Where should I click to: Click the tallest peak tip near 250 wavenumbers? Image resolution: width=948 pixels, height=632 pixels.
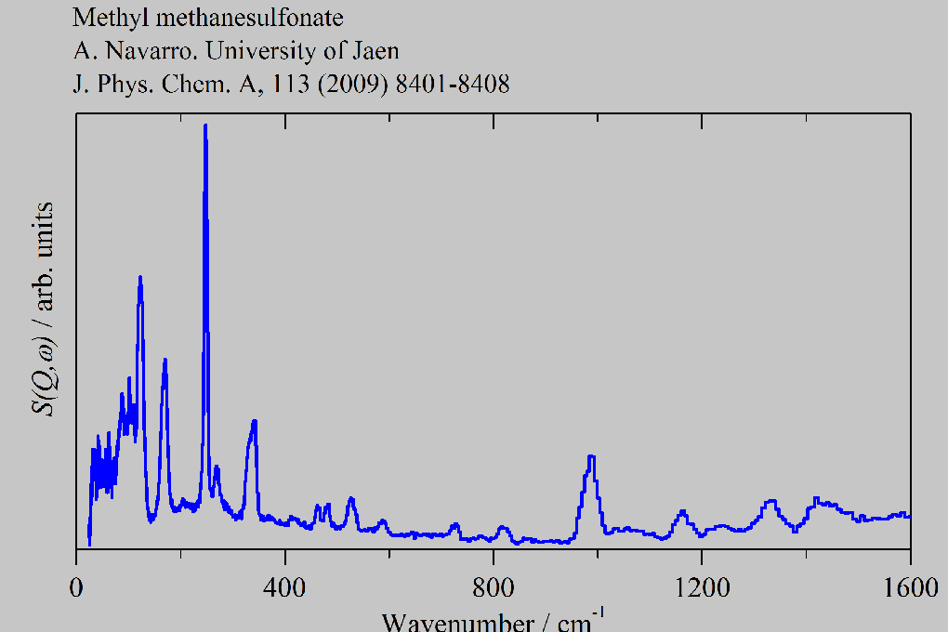[205, 125]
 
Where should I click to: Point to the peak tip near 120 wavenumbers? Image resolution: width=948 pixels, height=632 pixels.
[140, 277]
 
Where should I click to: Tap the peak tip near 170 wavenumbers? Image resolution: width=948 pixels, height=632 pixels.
[165, 360]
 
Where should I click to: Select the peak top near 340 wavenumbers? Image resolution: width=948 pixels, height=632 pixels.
[254, 421]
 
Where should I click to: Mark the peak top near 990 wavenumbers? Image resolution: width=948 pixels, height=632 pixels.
[590, 456]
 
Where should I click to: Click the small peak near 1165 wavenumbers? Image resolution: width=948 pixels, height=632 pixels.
[683, 511]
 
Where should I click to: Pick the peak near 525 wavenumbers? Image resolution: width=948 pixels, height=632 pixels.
[350, 499]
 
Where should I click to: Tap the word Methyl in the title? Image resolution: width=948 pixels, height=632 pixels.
[101, 18]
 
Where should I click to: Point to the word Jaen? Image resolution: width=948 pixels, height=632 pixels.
[373, 51]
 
